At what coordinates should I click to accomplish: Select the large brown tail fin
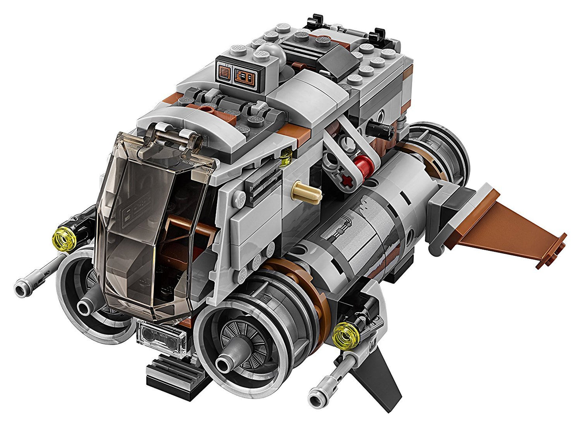pos(511,233)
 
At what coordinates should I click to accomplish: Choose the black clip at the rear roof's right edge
pos(380,36)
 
